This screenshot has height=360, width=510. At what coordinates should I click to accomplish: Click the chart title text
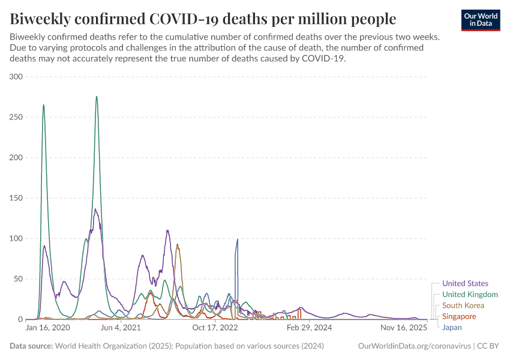(203, 19)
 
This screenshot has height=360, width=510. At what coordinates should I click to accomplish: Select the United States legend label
(465, 283)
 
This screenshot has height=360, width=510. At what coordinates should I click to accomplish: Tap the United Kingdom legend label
(470, 295)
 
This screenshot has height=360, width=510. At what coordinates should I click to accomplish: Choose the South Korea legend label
(463, 305)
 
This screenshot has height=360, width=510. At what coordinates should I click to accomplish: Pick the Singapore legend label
(459, 316)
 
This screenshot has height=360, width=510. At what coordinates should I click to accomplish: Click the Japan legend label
(452, 328)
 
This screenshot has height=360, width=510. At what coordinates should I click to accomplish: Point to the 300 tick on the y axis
(16, 77)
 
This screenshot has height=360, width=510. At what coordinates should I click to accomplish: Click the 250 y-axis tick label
(16, 117)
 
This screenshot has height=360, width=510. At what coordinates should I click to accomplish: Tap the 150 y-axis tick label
(16, 198)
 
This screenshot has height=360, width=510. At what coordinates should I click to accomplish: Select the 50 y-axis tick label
(17, 279)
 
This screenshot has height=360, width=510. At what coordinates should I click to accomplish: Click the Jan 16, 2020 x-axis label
(48, 328)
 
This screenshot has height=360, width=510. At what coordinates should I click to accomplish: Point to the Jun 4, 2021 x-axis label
(121, 328)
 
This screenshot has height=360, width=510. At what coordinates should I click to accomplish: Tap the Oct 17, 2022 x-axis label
(215, 328)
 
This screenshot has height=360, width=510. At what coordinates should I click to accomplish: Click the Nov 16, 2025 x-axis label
(403, 328)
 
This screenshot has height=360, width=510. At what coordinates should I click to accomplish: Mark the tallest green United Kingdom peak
(97, 97)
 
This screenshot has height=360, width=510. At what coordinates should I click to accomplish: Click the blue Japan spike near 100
(238, 239)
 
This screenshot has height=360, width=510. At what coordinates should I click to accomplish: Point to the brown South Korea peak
(177, 244)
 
